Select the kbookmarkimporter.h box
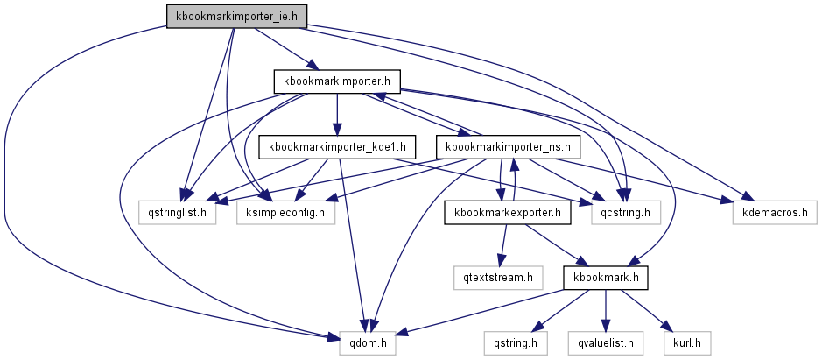point(337,81)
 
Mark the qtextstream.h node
point(497,278)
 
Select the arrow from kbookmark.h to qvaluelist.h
point(605,310)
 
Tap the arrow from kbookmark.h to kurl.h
point(648,310)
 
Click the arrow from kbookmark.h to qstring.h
point(561,310)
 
